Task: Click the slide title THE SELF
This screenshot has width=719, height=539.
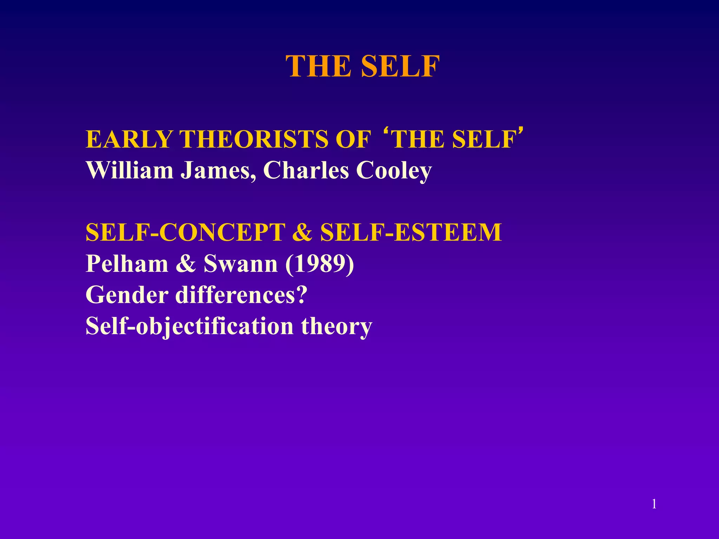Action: pyautogui.click(x=362, y=67)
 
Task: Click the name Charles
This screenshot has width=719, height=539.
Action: pyautogui.click(x=306, y=171)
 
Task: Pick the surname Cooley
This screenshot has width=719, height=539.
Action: pyautogui.click(x=394, y=171)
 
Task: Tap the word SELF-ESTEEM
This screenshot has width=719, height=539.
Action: pyautogui.click(x=411, y=232)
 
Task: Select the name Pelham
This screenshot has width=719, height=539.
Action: pyautogui.click(x=127, y=264)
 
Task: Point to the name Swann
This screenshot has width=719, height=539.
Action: pyautogui.click(x=240, y=264)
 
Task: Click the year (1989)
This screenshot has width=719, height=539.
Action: pyautogui.click(x=319, y=264)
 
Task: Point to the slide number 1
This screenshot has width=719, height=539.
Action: pyautogui.click(x=654, y=504)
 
